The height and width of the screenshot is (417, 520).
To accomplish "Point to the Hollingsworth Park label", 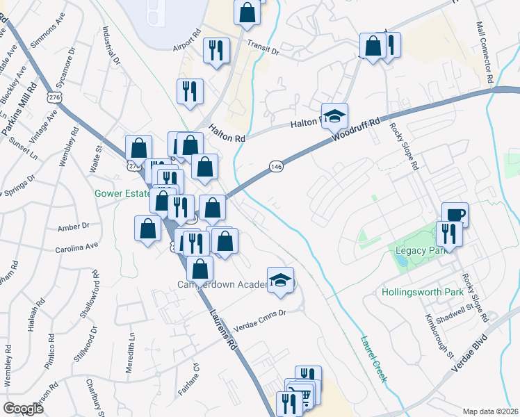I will point(423,293).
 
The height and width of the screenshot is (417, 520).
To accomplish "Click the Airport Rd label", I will point(187,41).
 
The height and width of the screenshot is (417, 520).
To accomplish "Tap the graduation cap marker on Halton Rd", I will point(335,116).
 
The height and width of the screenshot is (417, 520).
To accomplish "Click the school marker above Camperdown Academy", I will point(280,280).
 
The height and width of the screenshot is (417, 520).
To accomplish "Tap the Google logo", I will point(23,409).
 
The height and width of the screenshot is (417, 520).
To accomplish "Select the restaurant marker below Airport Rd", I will point(216,50).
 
